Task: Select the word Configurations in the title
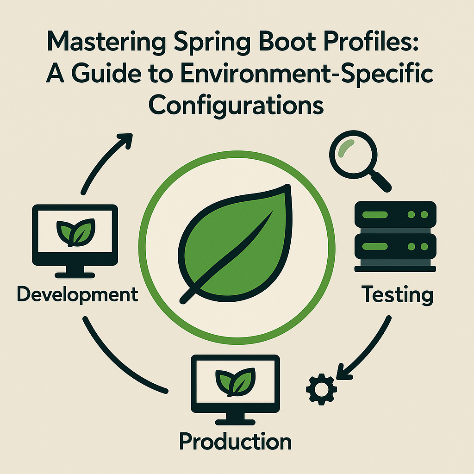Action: [x=237, y=106]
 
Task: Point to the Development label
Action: [x=77, y=294]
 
